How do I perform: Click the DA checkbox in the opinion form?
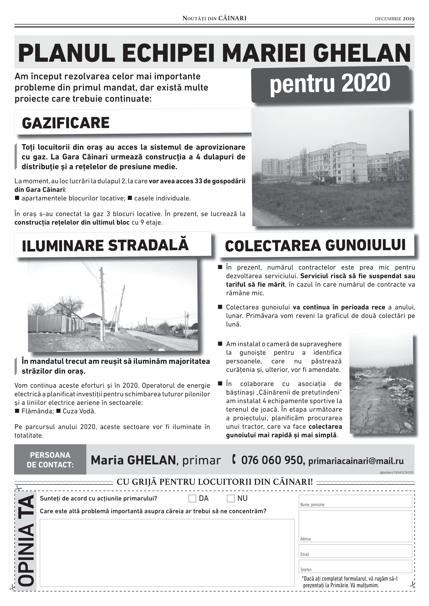click(192, 499)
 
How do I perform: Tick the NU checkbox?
click(231, 499)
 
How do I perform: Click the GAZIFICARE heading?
click(66, 123)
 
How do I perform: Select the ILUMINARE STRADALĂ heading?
click(105, 245)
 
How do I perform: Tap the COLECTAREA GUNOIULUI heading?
click(315, 245)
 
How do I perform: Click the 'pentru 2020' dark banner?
click(330, 84)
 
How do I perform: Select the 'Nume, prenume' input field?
click(355, 501)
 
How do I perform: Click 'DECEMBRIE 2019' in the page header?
click(394, 19)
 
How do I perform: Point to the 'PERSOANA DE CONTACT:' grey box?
click(50, 459)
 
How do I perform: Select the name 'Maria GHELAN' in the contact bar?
click(133, 460)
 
